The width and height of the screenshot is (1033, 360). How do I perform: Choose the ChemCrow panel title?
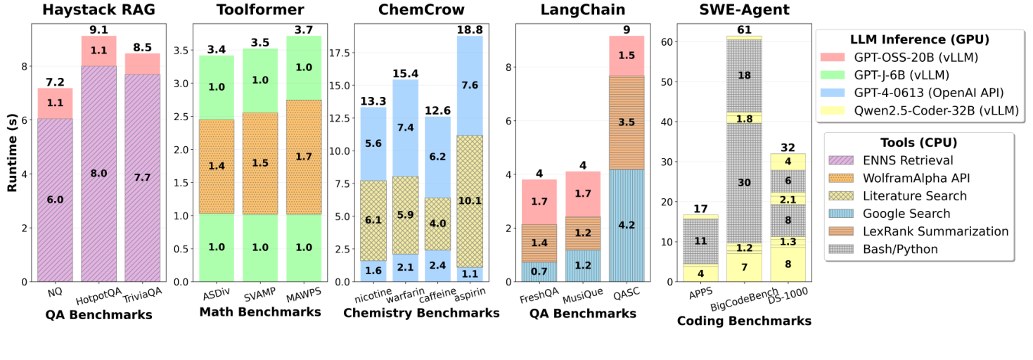[x=421, y=11]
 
